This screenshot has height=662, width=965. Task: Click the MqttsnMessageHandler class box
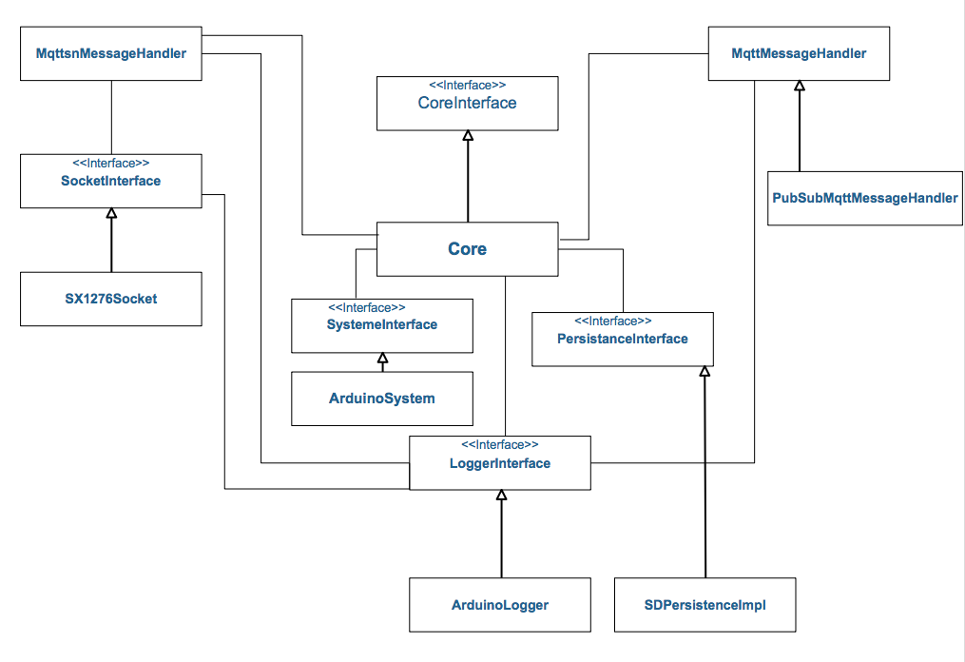(111, 54)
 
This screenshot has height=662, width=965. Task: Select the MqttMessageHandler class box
(799, 54)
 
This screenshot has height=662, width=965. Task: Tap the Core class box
(467, 249)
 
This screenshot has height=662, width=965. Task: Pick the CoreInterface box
(467, 103)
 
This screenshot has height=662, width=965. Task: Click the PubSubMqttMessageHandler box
(864, 198)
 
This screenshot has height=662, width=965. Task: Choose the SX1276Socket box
(111, 299)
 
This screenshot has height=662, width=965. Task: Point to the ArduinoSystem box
(381, 399)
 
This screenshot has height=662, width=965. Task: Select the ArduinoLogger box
(500, 604)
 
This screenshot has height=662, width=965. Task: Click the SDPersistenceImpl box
(704, 604)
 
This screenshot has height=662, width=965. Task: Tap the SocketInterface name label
(111, 181)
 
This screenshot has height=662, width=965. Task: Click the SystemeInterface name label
(381, 324)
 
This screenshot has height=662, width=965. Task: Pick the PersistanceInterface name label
(622, 339)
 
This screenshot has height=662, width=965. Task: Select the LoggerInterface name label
(500, 463)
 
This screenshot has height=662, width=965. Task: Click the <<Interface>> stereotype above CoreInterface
(467, 85)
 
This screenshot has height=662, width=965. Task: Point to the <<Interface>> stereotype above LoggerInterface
(500, 445)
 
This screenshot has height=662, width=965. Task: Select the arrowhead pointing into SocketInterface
(111, 214)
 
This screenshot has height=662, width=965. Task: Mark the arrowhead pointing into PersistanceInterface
(704, 372)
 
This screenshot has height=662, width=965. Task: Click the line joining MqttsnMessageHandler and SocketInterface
(112, 117)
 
